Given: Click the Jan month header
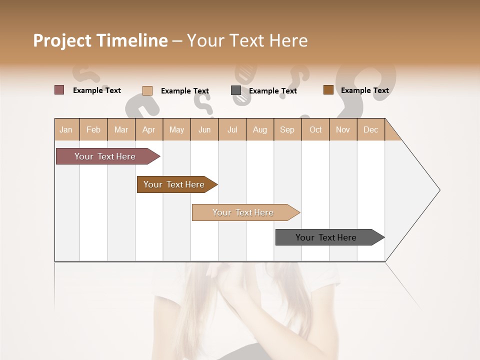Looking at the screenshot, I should pyautogui.click(x=66, y=129).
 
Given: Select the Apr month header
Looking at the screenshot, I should pyautogui.click(x=148, y=129).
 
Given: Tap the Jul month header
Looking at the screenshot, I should pyautogui.click(x=232, y=129).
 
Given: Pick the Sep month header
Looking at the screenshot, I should pyautogui.click(x=287, y=129).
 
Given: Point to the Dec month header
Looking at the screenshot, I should pyautogui.click(x=370, y=129).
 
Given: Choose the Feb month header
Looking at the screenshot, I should pyautogui.click(x=93, y=129).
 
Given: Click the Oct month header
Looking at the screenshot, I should pyautogui.click(x=315, y=129).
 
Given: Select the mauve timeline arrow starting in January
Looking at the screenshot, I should pyautogui.click(x=105, y=156).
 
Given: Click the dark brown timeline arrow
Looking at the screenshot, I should pyautogui.click(x=174, y=184).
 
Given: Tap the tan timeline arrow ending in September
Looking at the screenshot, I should pyautogui.click(x=243, y=212).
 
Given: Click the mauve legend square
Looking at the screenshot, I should pyautogui.click(x=59, y=90).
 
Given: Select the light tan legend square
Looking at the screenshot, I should pyautogui.click(x=147, y=90).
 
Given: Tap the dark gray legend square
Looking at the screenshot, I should pyautogui.click(x=236, y=90).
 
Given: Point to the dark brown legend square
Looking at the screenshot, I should pyautogui.click(x=328, y=90).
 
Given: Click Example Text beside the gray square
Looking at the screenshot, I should pyautogui.click(x=272, y=91).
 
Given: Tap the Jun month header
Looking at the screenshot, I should pyautogui.click(x=204, y=129).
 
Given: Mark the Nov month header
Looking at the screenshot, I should pyautogui.click(x=343, y=129).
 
